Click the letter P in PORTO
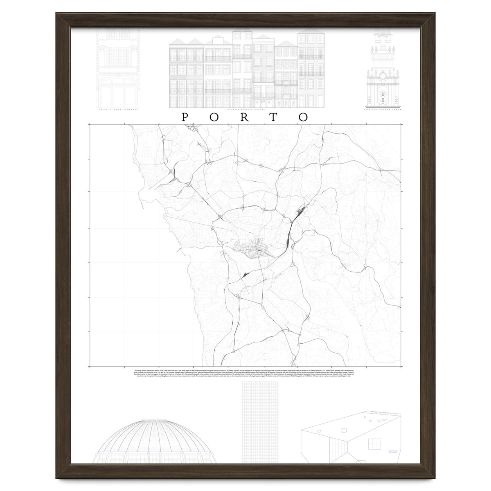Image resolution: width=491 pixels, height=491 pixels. click(185, 117)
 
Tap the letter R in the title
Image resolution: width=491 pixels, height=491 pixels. click(244, 117)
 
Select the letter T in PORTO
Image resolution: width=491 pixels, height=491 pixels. click(273, 117)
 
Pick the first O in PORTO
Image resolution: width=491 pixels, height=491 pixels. click(214, 117)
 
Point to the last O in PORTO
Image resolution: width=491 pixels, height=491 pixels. click(303, 117)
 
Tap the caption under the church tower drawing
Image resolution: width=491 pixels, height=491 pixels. click(383, 109)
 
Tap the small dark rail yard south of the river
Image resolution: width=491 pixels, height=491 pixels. click(244, 275)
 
